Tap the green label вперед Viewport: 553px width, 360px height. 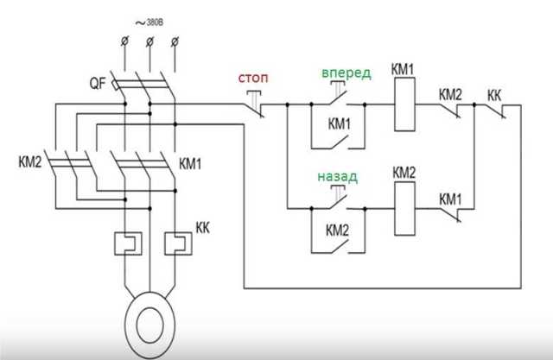coord(346,73)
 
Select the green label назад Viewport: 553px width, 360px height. coord(336,176)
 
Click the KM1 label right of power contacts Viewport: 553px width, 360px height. coord(191,162)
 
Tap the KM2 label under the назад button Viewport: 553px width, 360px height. coord(337,231)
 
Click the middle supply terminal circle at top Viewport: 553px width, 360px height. coord(149,41)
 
